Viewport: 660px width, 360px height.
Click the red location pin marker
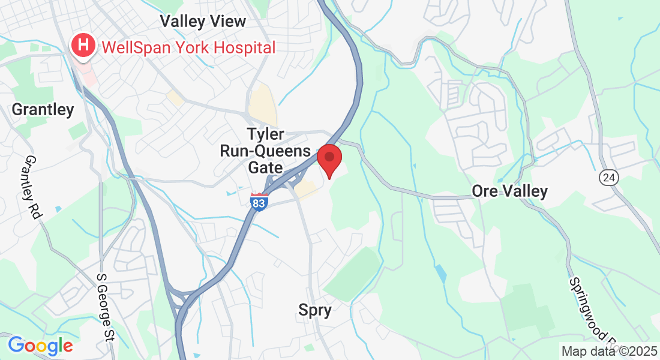point(329,158)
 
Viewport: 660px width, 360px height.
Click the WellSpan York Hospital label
point(188,47)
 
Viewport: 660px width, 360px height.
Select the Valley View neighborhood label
point(203,22)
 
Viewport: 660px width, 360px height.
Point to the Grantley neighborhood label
point(43,110)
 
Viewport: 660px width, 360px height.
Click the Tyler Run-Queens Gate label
point(265,151)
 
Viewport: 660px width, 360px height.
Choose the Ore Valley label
point(509,191)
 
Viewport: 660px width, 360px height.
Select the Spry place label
point(315,310)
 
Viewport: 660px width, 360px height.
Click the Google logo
point(40,346)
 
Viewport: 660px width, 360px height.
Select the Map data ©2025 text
point(610,350)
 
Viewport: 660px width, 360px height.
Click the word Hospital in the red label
point(247,47)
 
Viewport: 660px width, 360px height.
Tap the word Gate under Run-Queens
point(265,167)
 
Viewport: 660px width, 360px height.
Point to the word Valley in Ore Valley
point(526,191)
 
